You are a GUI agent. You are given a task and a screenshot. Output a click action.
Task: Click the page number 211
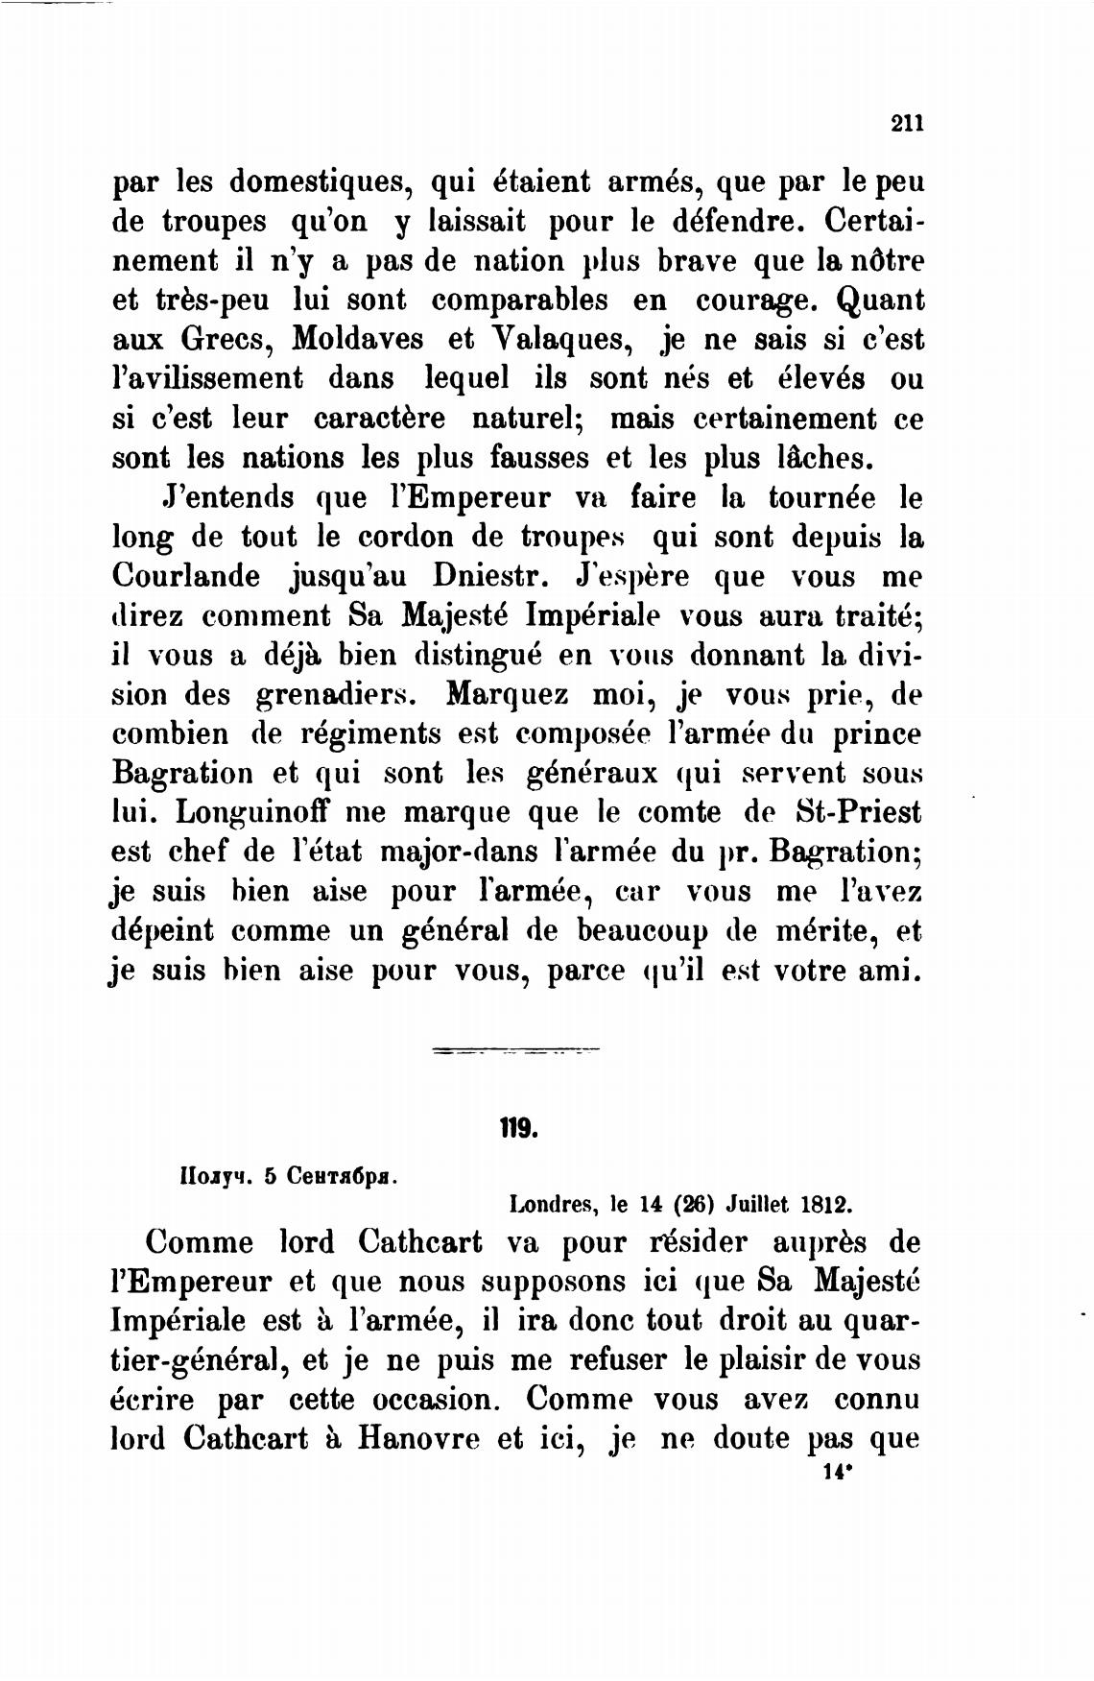906,123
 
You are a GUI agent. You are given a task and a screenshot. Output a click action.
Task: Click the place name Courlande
186,578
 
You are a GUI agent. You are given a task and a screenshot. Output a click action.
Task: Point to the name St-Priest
859,813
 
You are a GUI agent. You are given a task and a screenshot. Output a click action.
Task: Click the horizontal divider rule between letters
515,1050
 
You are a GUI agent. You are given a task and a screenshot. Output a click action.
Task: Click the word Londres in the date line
548,1203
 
